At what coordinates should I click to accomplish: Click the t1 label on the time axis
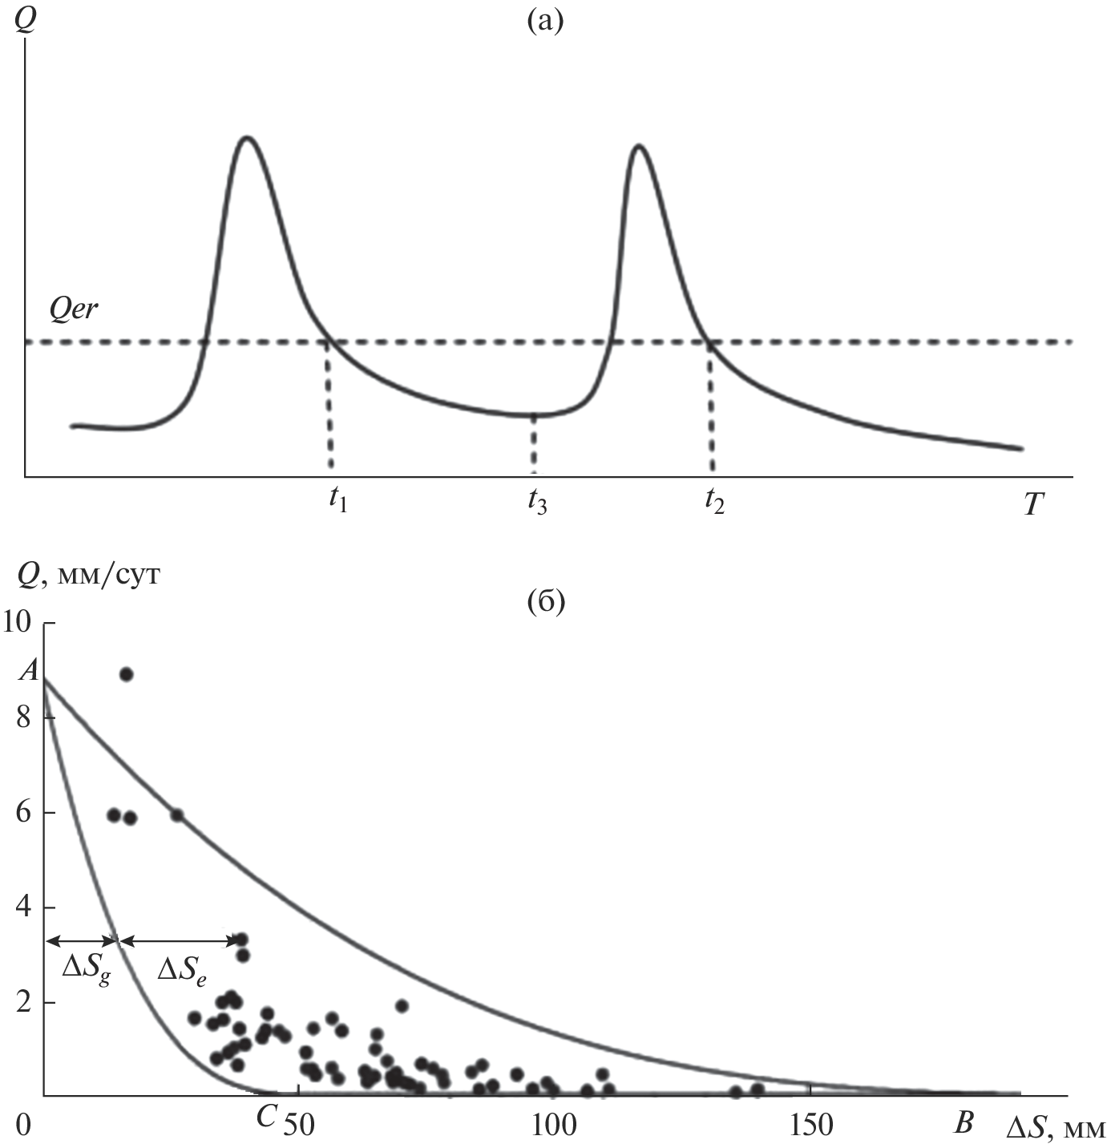pos(337,502)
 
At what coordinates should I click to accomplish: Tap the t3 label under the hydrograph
pos(536,502)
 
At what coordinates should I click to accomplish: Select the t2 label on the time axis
pos(714,502)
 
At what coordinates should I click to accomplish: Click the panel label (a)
pos(545,21)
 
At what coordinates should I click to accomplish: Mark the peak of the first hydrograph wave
pos(248,138)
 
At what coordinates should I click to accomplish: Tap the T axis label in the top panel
pos(1033,503)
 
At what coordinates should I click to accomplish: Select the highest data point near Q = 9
pos(126,674)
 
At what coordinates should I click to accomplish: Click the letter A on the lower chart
pos(29,672)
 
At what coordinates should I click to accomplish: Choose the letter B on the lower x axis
pos(964,1123)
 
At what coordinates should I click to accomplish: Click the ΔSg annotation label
pos(86,968)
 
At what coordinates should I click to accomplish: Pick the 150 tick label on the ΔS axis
pos(810,1125)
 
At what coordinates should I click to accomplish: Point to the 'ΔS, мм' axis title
pos(1055,1126)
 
